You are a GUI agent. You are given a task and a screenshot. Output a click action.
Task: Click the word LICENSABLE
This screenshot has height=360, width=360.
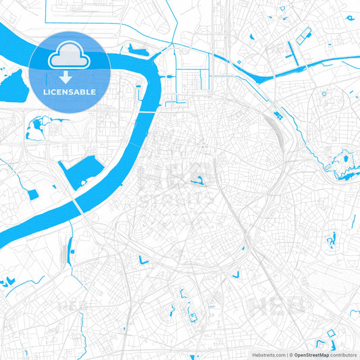point(70,91)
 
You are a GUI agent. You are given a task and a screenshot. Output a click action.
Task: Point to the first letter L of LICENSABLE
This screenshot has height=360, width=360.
point(45,91)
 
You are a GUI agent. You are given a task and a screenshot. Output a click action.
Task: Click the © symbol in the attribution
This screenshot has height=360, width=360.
point(291,354)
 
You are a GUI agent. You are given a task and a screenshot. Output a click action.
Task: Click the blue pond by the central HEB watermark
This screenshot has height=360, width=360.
point(198,180)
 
